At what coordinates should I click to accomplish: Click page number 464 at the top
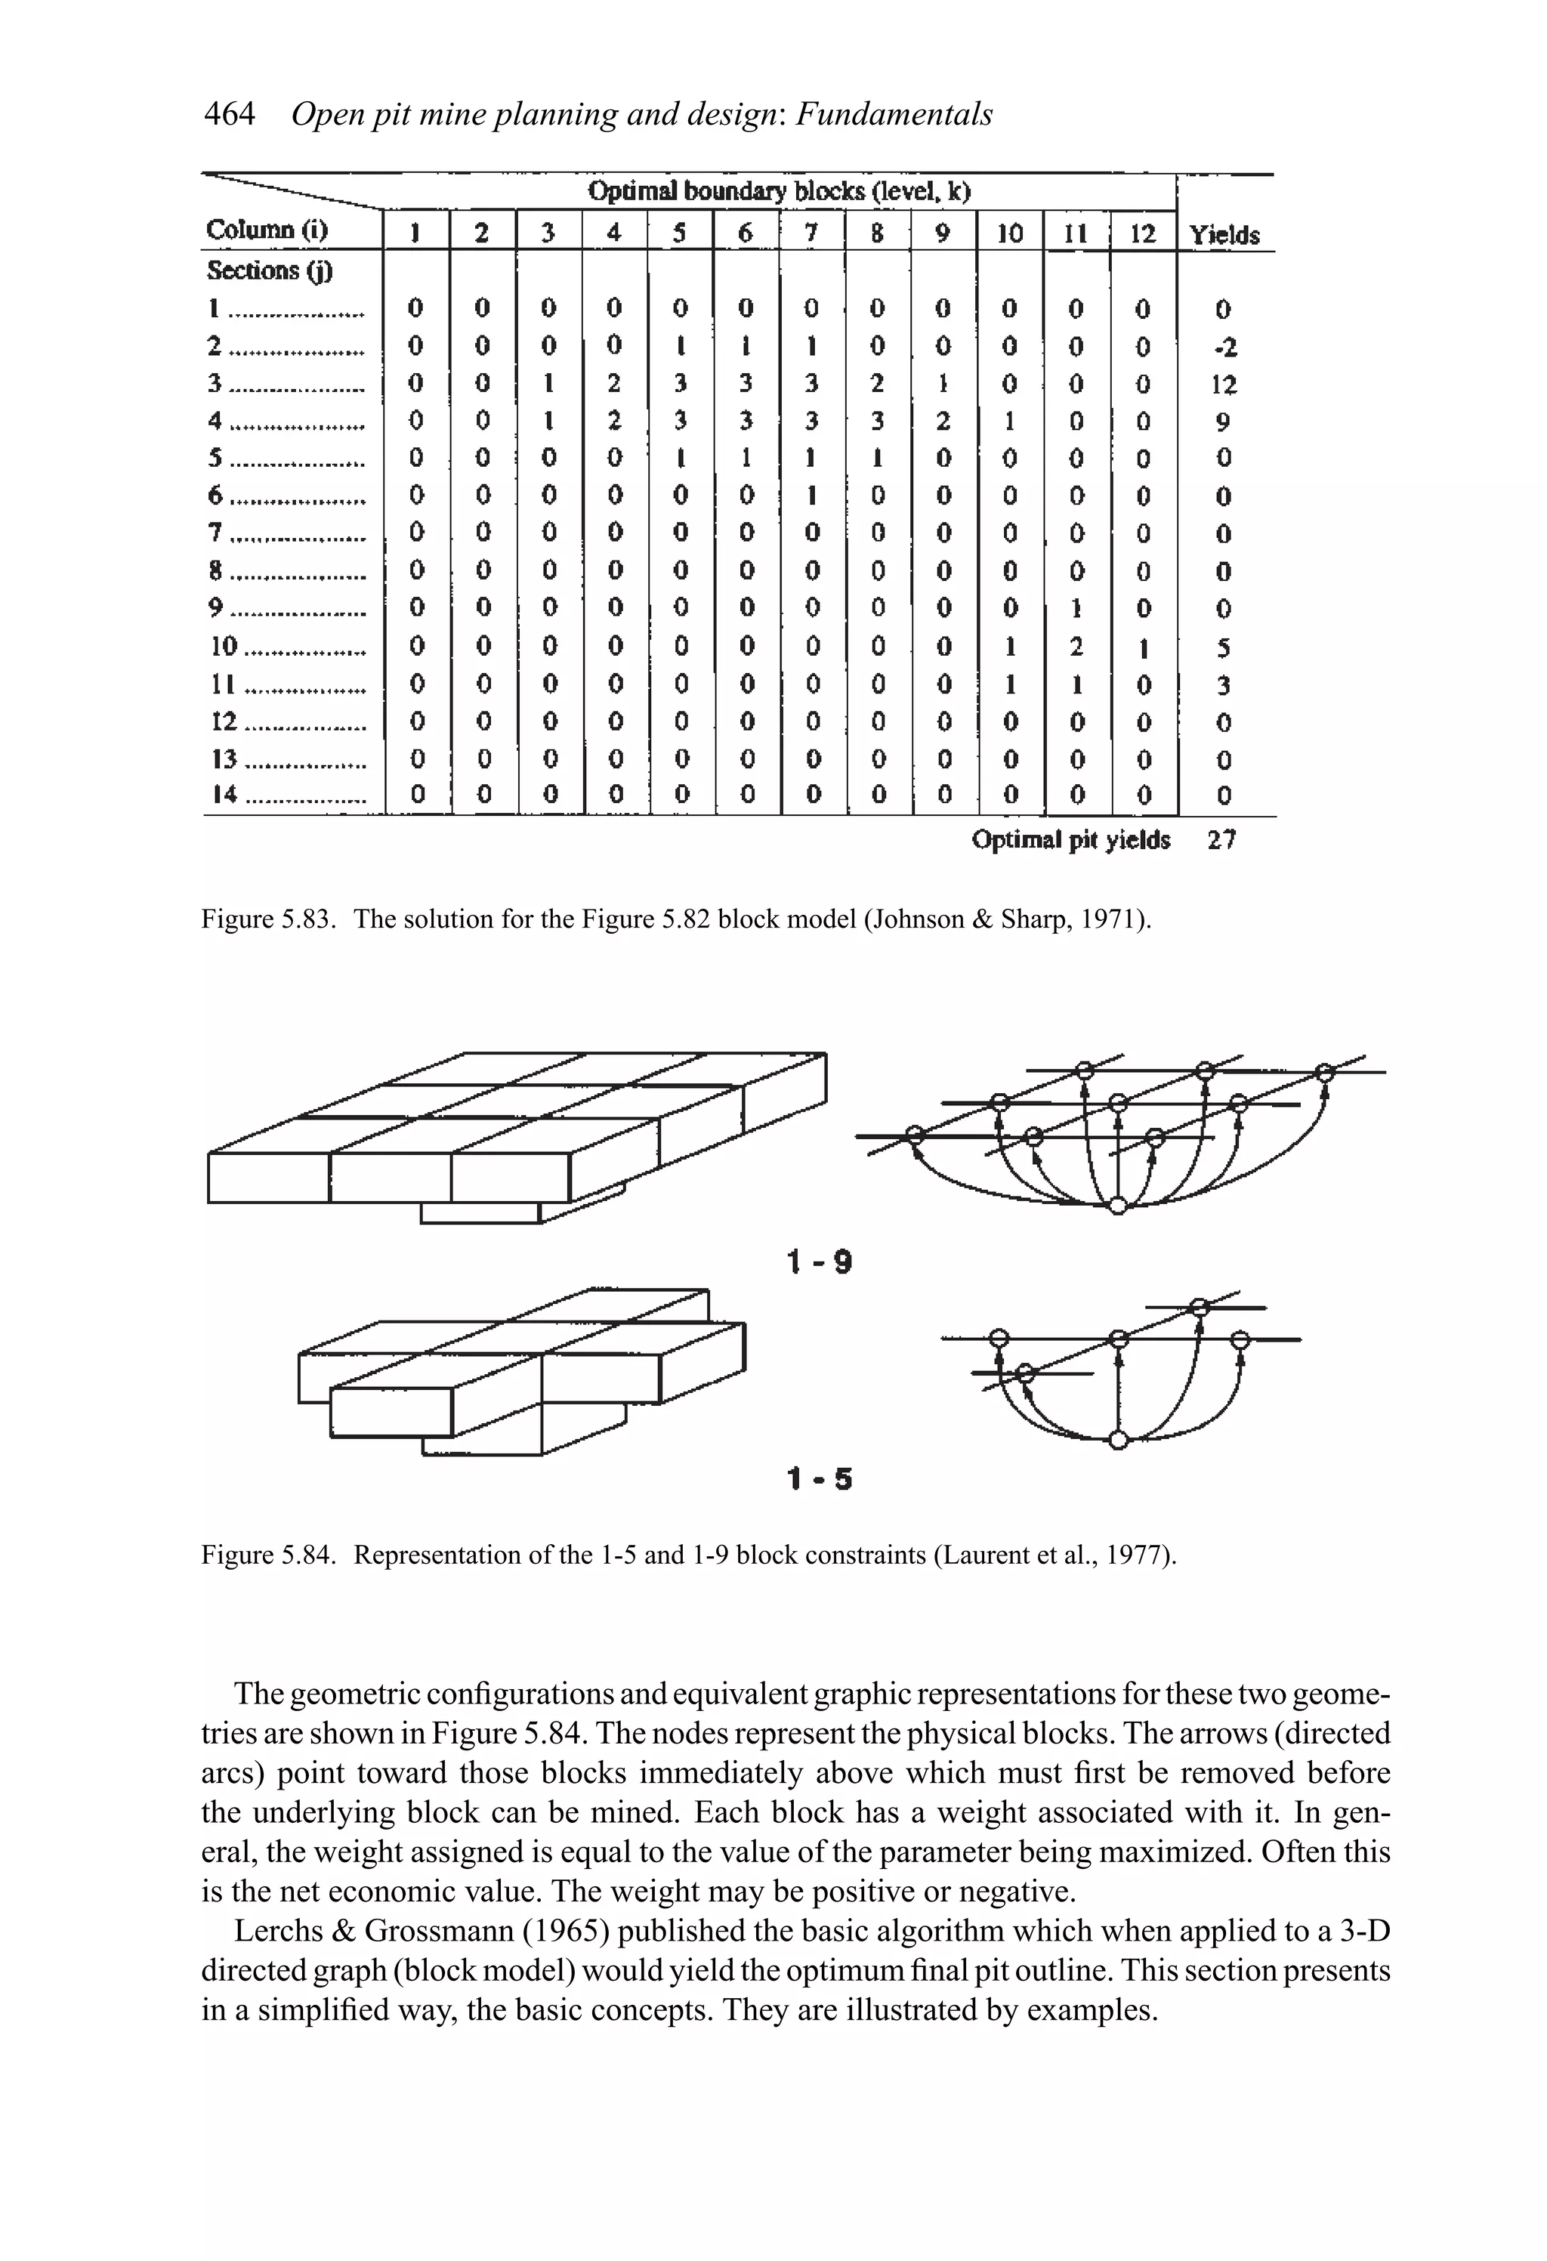[x=230, y=115]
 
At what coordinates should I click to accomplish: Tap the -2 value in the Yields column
[x=1224, y=347]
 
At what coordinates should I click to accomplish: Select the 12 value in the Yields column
[x=1224, y=385]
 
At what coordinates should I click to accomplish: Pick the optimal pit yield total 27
[x=1222, y=839]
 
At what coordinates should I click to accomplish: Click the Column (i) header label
[x=267, y=230]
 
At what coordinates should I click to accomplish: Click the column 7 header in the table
[x=811, y=233]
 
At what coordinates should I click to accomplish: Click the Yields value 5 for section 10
[x=1224, y=647]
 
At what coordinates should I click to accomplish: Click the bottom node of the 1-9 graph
[x=1119, y=1206]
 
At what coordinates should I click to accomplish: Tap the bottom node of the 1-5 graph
[x=1119, y=1441]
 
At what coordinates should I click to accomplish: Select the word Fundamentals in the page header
[x=894, y=115]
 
